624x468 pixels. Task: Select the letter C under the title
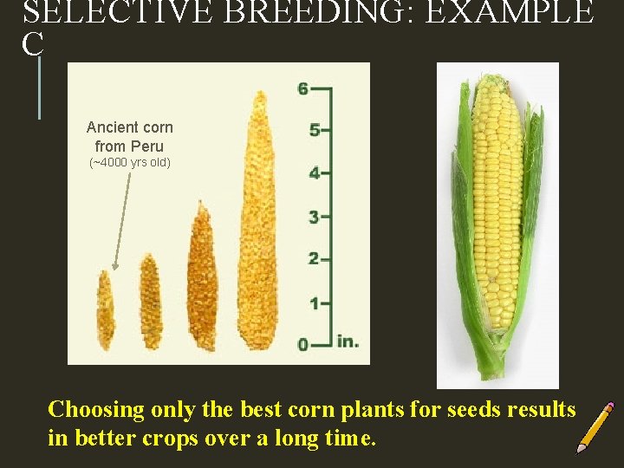click(32, 45)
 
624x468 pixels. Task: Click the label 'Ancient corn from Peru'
click(129, 136)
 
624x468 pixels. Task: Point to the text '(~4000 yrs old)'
click(130, 163)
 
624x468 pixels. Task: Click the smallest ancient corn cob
click(106, 309)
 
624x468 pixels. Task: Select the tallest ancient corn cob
click(257, 225)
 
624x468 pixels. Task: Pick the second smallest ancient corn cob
click(151, 301)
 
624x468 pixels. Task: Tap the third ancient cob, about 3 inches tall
click(201, 277)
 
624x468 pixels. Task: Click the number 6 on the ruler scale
click(302, 88)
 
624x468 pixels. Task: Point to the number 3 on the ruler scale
click(314, 216)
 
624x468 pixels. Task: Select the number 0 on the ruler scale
click(302, 344)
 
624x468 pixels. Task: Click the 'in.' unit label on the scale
click(348, 341)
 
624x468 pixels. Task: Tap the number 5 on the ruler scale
click(314, 130)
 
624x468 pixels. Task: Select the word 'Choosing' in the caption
click(96, 409)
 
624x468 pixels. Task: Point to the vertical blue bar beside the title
click(39, 87)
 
